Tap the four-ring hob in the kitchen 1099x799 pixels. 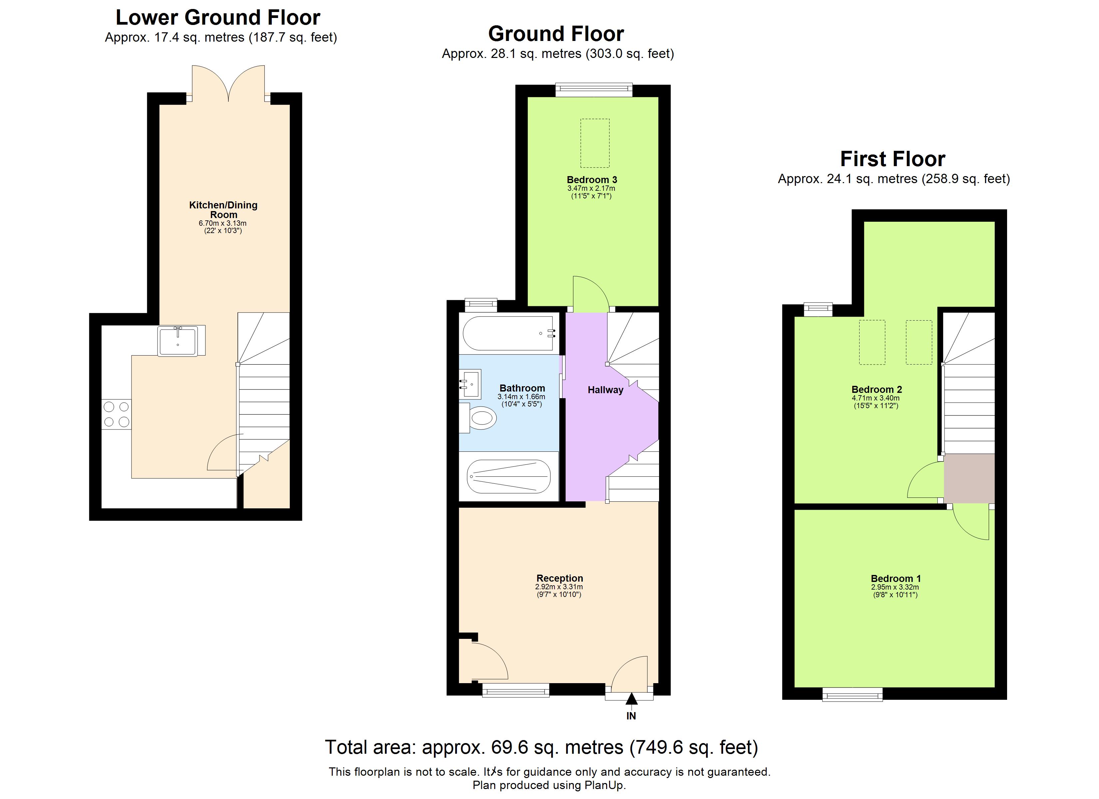tap(116, 414)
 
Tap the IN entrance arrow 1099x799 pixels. tap(631, 699)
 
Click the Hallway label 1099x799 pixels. tap(605, 390)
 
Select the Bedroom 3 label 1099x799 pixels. tap(592, 180)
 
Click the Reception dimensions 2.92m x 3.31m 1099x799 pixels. tap(559, 587)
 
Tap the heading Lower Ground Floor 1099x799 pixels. tap(218, 18)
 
